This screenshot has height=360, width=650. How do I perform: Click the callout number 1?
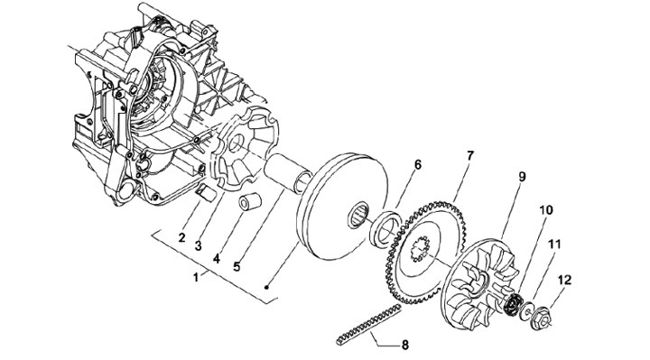tap(196, 277)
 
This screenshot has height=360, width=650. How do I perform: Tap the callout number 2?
tap(181, 238)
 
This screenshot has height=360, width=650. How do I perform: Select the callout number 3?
tap(198, 245)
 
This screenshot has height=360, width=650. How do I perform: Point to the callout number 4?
tap(216, 259)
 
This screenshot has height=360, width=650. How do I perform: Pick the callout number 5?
tap(237, 266)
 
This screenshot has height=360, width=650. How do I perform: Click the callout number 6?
tap(417, 165)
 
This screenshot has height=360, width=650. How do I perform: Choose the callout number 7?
tap(470, 156)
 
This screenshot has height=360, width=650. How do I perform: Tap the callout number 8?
tap(405, 345)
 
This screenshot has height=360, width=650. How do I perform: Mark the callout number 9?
tap(522, 177)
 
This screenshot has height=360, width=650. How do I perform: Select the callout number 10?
tap(546, 210)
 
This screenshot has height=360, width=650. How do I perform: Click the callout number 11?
tap(554, 245)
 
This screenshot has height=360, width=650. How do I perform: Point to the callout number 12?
tap(564, 280)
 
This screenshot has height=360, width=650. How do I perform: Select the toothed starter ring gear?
tap(427, 253)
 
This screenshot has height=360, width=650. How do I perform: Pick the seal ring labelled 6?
tap(385, 228)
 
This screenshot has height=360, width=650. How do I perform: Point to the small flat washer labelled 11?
tap(527, 310)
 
